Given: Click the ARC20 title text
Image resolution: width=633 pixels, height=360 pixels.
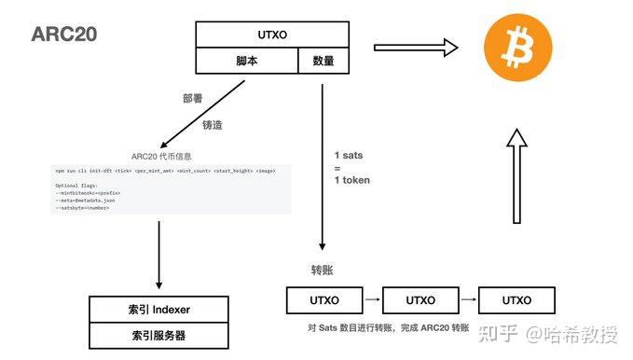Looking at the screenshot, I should coord(64,35).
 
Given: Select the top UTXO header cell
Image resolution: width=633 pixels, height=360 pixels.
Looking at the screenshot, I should coord(266,35).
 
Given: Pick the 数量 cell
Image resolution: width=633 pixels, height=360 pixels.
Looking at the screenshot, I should coord(316,62).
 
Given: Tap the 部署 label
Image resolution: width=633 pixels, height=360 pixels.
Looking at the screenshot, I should coord(194,96).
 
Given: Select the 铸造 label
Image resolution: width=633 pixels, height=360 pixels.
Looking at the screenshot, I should coord(213,123).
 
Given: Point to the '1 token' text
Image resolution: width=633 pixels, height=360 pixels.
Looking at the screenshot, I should coord(352,179).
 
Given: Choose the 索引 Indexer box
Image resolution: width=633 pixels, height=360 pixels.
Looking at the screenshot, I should coord(158,310).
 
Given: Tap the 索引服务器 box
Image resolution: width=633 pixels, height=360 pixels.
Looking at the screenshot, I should coord(158,335).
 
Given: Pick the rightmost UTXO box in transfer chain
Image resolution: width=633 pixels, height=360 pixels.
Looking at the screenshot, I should coord(516,300).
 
